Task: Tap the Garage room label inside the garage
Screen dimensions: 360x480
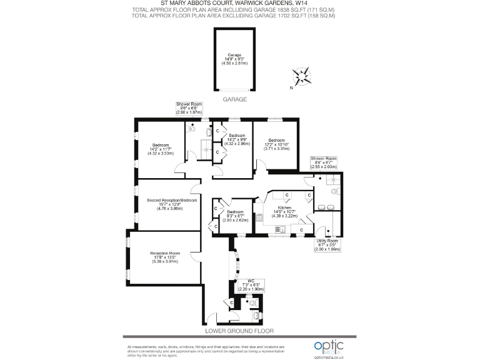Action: (235, 58)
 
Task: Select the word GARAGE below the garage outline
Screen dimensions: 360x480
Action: (235, 99)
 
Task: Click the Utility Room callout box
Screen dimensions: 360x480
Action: (327, 244)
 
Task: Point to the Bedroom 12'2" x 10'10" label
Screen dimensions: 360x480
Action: (276, 144)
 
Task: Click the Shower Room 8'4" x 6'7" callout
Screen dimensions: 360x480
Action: (324, 163)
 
